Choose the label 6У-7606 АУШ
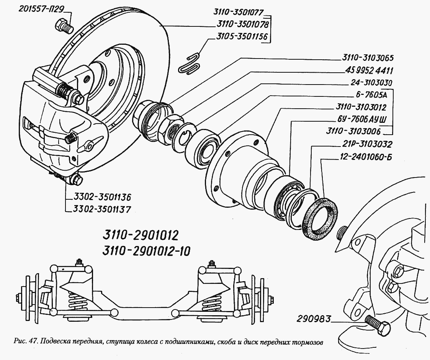coord(360,119)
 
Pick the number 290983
coord(313,318)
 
